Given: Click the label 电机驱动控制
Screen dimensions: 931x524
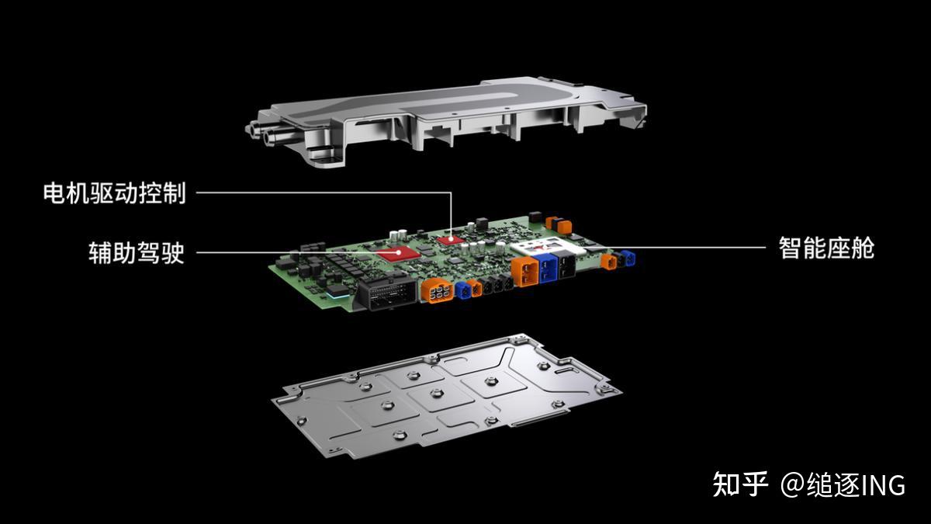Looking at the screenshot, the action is pos(114,193).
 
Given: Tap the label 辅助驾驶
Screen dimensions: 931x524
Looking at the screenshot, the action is pos(136,252).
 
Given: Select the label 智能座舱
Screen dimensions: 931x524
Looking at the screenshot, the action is pos(827,248).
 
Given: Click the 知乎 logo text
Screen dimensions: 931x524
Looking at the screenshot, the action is pos(740,484).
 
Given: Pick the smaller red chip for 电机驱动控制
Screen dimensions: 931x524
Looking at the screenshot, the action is pos(452,240).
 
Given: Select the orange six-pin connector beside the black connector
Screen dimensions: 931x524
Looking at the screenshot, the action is pos(438,290).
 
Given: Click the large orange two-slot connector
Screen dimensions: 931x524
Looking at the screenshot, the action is pos(525,272).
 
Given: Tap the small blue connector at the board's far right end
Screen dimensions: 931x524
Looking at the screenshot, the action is pos(628,258).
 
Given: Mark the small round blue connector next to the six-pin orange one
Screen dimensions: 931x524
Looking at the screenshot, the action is pos(462,290).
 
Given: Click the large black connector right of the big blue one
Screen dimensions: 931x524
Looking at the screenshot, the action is pos(566,265).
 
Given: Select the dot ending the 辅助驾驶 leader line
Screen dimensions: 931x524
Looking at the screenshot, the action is pos(398,252).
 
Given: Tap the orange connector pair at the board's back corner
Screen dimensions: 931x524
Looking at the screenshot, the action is pos(559,224).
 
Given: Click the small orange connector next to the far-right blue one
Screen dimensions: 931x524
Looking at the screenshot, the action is pos(609,262).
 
